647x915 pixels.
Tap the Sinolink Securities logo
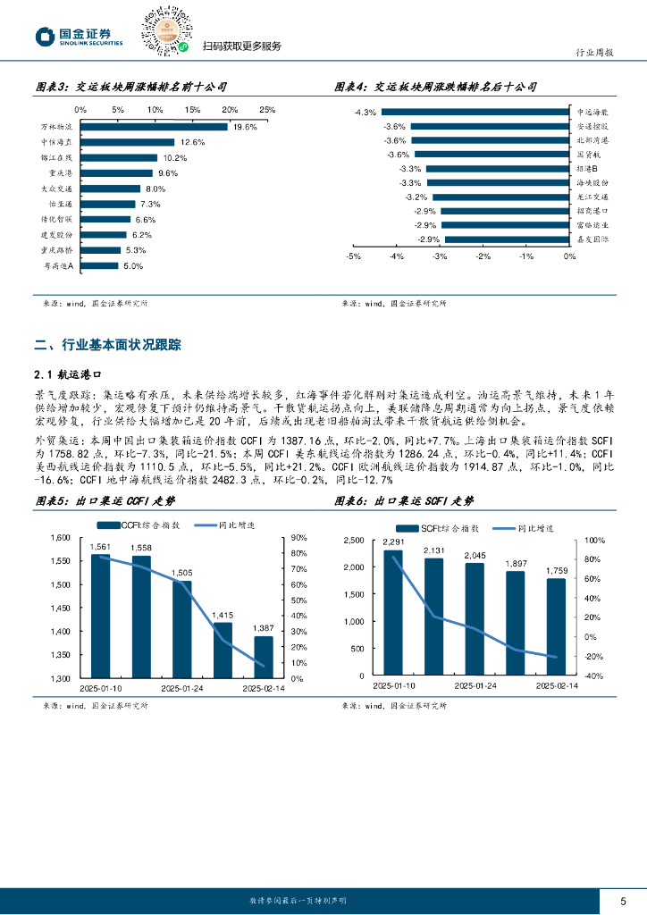[x=79, y=37]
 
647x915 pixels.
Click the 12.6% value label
[x=192, y=142]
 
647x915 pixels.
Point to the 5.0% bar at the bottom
[x=100, y=265]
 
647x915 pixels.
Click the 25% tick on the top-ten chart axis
[x=266, y=110]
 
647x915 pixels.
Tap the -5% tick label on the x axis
[x=353, y=256]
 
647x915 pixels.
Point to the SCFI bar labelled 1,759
[x=556, y=627]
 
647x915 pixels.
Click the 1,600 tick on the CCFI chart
[x=58, y=538]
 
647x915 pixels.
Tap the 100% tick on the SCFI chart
[x=594, y=541]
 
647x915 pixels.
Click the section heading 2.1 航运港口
[x=68, y=377]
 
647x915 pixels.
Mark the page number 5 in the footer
[x=623, y=900]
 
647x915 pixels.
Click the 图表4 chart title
[x=435, y=88]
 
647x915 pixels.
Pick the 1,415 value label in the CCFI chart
[x=223, y=615]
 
